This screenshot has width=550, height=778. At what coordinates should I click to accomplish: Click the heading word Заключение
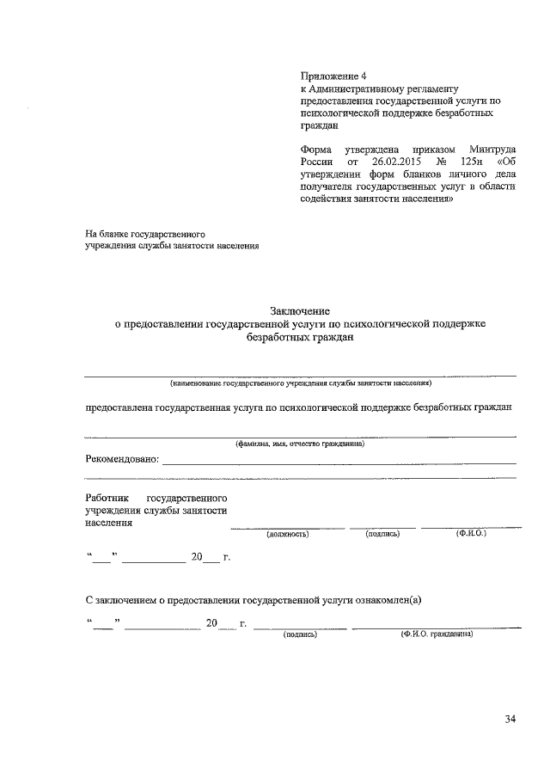[x=300, y=310]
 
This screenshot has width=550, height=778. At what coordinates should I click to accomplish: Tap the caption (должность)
[x=287, y=534]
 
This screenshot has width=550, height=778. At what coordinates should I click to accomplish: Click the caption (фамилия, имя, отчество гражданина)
[x=300, y=444]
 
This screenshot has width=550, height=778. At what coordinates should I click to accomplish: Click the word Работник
[x=107, y=498]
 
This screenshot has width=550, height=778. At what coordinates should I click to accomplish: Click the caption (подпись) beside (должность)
[x=382, y=534]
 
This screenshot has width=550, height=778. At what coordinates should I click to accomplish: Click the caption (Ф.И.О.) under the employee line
[x=471, y=534]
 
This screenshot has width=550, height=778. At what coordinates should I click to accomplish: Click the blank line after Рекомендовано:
[x=339, y=463]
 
